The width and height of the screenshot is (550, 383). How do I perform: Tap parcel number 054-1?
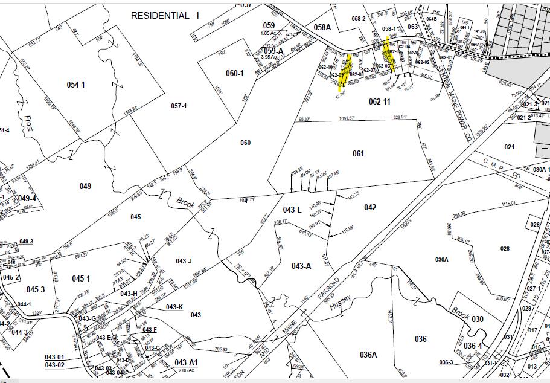[x=75, y=85]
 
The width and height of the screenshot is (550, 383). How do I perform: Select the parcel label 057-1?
[x=179, y=106]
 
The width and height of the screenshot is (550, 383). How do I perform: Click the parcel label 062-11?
[x=379, y=101]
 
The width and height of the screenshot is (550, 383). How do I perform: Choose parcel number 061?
[x=359, y=153]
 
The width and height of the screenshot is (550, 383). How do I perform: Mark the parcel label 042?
[x=370, y=208]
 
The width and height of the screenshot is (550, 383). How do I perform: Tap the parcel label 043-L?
[x=292, y=209]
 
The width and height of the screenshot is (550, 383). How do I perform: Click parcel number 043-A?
[x=301, y=266]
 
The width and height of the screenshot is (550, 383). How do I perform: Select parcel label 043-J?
[x=184, y=261]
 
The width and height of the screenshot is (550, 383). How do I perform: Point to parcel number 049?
[x=85, y=186]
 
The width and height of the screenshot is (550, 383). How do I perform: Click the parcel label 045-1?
[x=80, y=278]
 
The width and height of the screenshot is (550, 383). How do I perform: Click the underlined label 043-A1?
[x=186, y=362]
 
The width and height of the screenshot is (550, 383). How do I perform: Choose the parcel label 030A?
[x=441, y=259]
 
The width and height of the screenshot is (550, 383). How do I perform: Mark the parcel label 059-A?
[x=273, y=50]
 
